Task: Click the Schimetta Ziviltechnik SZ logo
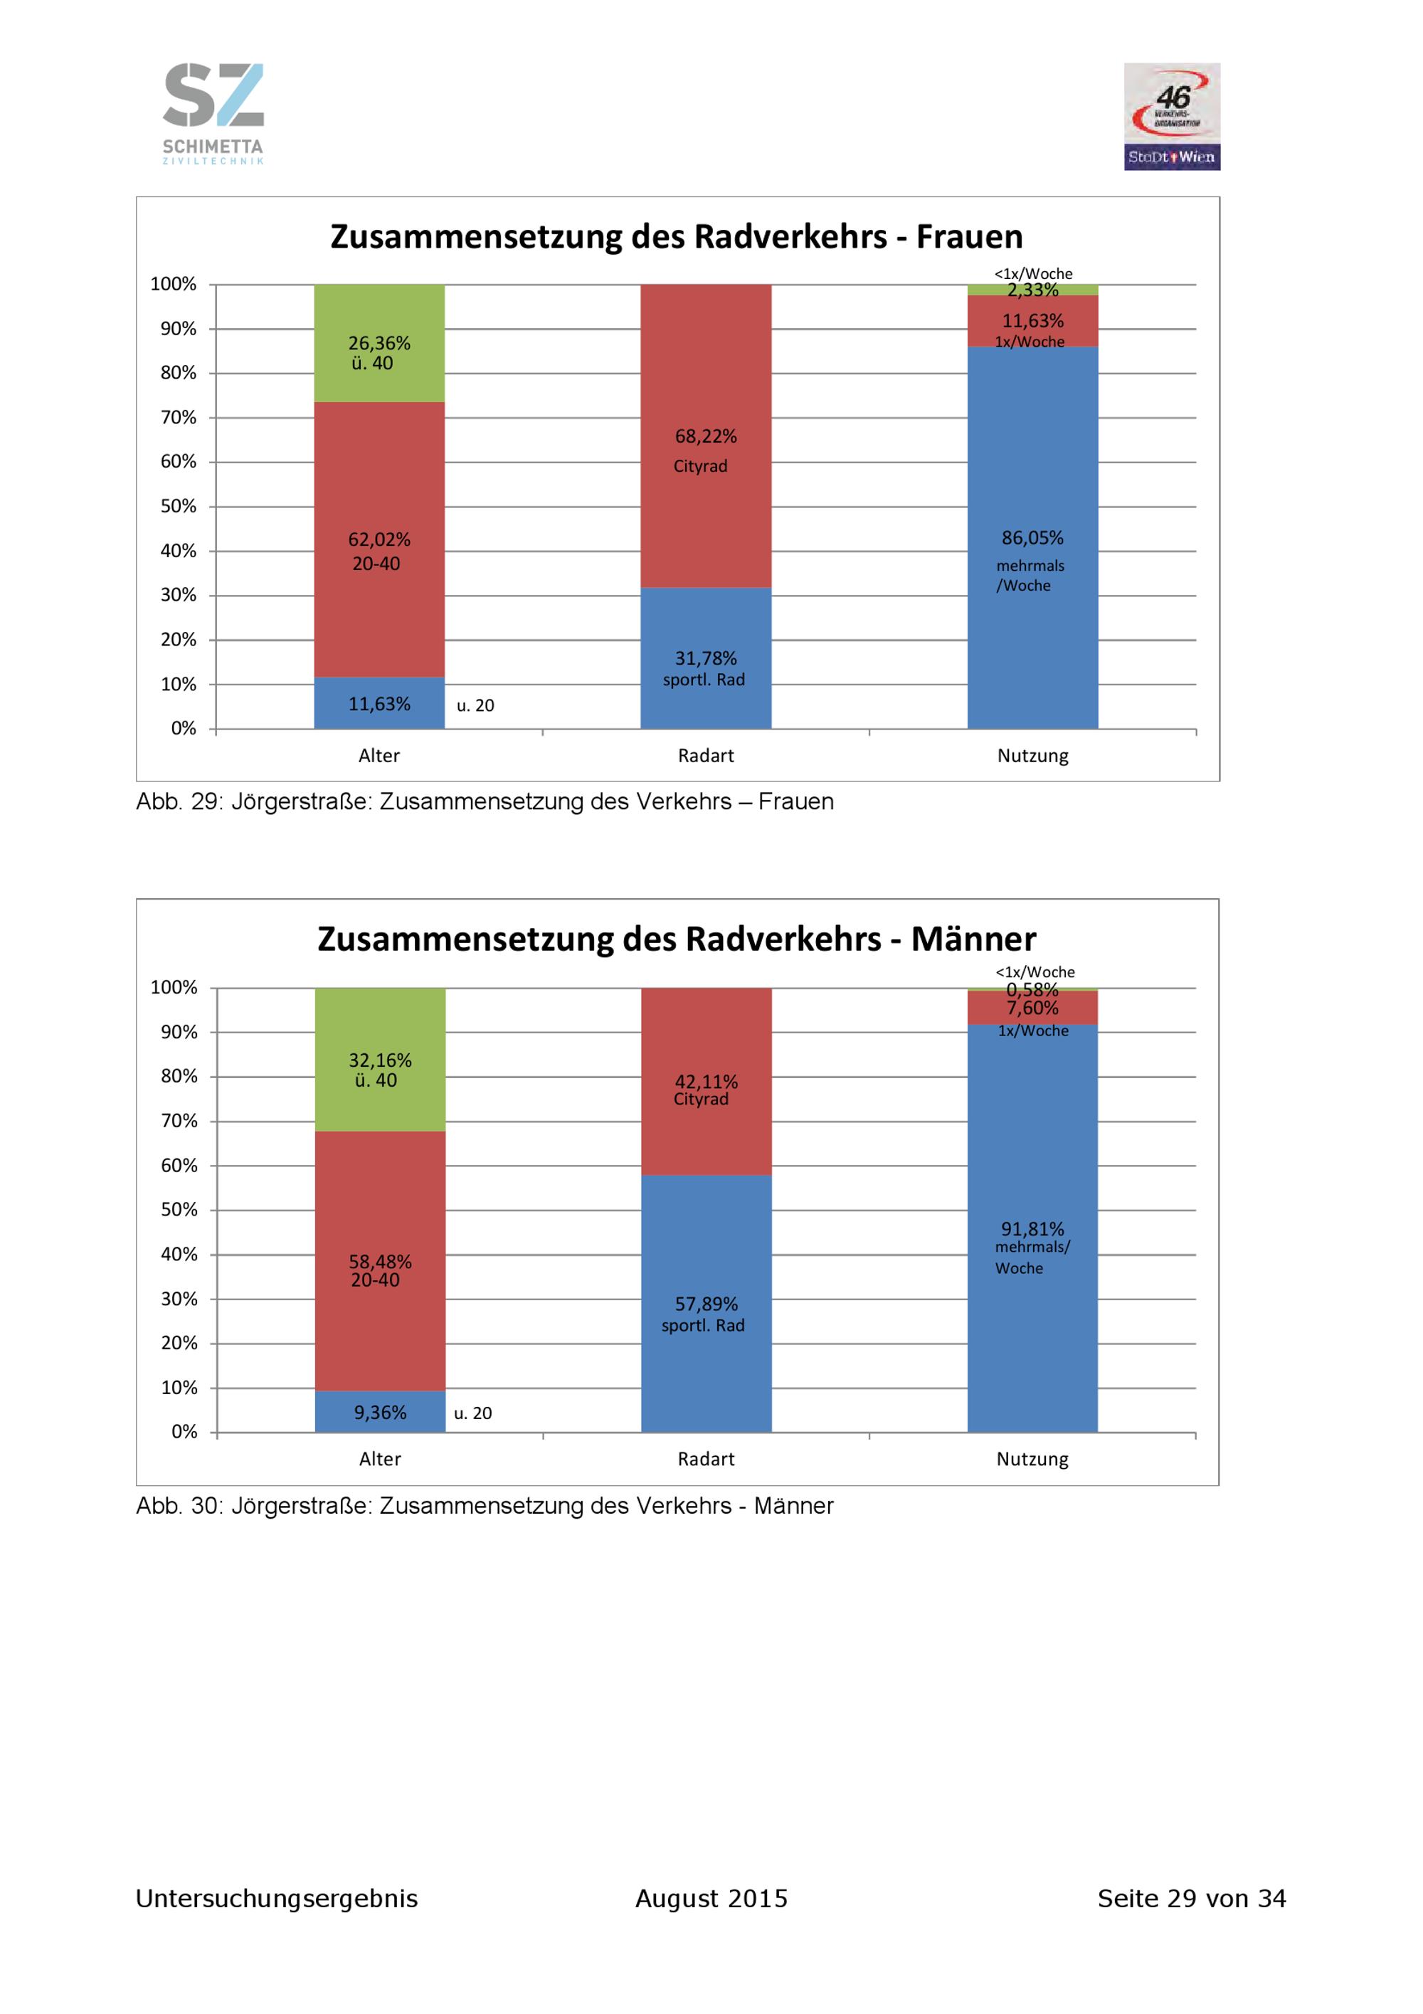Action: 213,113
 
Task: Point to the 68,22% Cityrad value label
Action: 706,436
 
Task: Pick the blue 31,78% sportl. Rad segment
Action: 706,658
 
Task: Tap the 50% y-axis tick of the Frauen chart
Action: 178,506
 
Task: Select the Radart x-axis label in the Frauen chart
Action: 706,755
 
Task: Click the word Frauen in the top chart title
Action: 969,237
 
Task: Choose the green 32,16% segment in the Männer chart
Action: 380,1060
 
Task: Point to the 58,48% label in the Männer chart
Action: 380,1261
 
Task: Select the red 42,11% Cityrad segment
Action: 706,1082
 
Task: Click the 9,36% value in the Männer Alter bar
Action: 380,1412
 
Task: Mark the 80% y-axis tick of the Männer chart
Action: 179,1076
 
